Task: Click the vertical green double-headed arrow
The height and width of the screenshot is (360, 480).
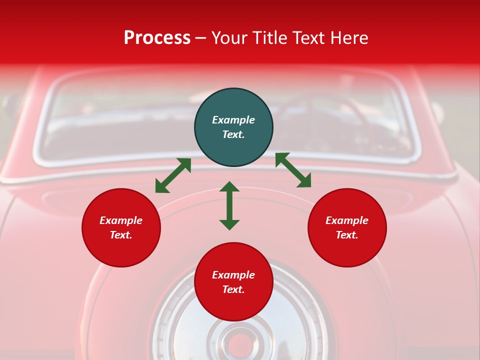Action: (229, 205)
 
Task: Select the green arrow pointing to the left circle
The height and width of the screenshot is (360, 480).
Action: (173, 175)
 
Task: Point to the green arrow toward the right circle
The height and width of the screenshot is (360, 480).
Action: (293, 170)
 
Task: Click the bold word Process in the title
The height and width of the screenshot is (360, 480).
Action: (157, 37)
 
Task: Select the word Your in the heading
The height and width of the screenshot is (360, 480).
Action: (230, 37)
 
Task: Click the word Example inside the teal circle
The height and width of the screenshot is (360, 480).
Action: (233, 120)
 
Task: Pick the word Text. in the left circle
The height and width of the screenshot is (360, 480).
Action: (121, 235)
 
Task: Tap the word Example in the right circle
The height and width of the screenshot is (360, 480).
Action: (347, 220)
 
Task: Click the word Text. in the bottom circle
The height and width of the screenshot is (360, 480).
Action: (233, 289)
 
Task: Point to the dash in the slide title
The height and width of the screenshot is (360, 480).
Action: (201, 38)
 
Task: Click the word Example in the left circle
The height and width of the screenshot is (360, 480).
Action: (121, 220)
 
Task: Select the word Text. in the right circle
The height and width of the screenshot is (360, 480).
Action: (347, 235)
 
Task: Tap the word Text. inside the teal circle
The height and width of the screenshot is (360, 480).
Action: (233, 134)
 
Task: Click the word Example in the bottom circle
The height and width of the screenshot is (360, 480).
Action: (233, 275)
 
